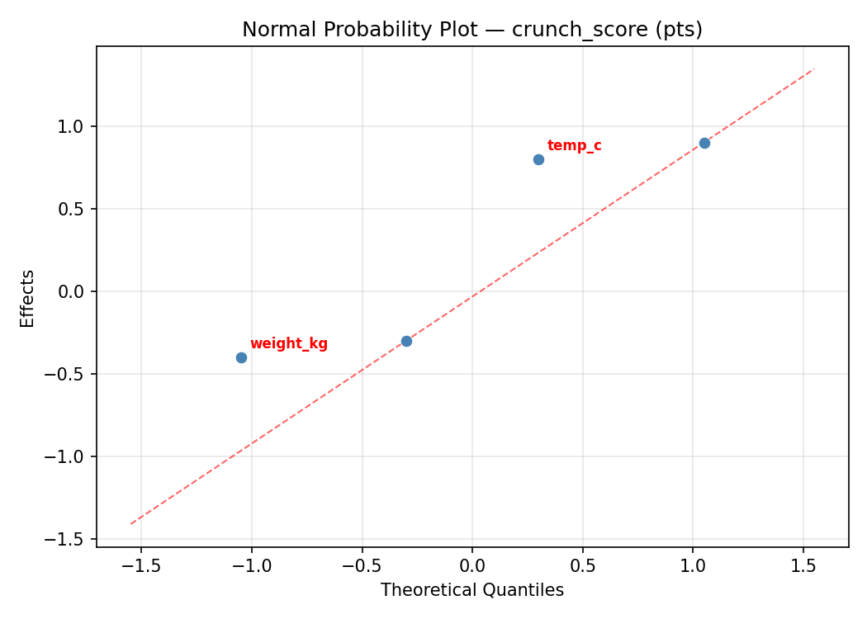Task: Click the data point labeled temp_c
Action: click(538, 159)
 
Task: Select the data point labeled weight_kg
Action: click(241, 357)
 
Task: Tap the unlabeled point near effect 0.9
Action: click(704, 143)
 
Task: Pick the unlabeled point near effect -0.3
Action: click(406, 341)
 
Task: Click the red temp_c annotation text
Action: click(574, 146)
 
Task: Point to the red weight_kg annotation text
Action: click(288, 344)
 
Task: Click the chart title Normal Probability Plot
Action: click(471, 30)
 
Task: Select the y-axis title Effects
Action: click(28, 298)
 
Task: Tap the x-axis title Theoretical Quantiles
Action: click(471, 590)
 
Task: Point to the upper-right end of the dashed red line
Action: click(814, 69)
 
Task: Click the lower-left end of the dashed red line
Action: click(130, 523)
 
